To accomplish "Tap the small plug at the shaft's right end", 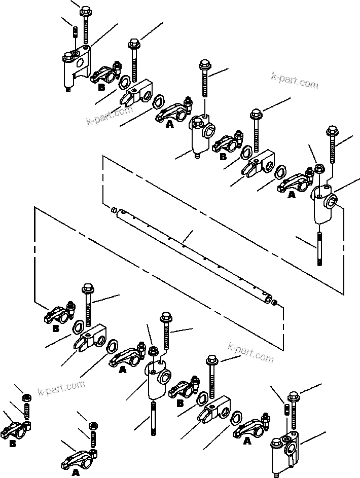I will pos(274,303).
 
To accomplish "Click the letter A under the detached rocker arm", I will pos(76,472).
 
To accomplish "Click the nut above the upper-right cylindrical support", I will pos(319,168).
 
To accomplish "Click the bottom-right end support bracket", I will pos(285,449).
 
